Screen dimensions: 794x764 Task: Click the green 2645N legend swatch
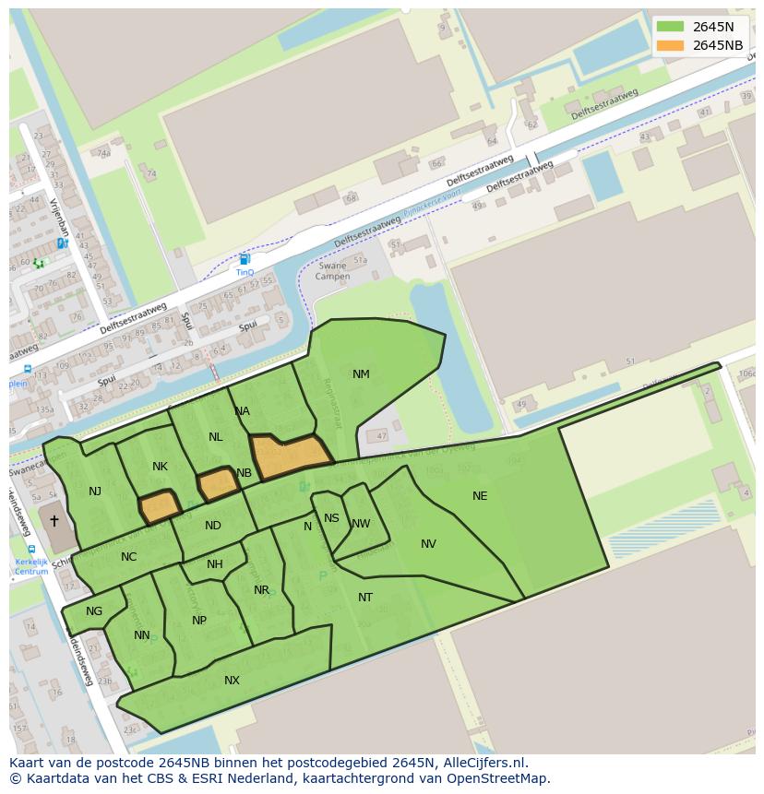pos(670,27)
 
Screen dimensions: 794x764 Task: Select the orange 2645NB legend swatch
pos(670,45)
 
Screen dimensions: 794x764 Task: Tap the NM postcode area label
pos(361,374)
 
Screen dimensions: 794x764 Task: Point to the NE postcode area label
pos(480,496)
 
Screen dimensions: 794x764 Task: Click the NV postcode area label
pos(428,544)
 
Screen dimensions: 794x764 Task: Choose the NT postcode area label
pos(365,598)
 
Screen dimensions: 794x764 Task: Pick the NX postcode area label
pos(232,681)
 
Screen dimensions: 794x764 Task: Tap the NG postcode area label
pos(94,611)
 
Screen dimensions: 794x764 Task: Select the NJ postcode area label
pos(95,492)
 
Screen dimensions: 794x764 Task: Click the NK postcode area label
pos(160,467)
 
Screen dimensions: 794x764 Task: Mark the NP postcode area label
pos(199,621)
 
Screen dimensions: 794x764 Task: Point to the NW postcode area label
pos(361,524)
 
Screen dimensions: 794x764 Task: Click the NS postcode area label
pos(331,518)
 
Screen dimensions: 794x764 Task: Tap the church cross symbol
pos(54,521)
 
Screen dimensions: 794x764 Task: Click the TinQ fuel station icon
pos(244,260)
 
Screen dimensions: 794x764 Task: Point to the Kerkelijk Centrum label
pos(30,566)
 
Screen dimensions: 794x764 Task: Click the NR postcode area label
pos(261,590)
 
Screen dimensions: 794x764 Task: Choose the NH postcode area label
pos(215,564)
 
